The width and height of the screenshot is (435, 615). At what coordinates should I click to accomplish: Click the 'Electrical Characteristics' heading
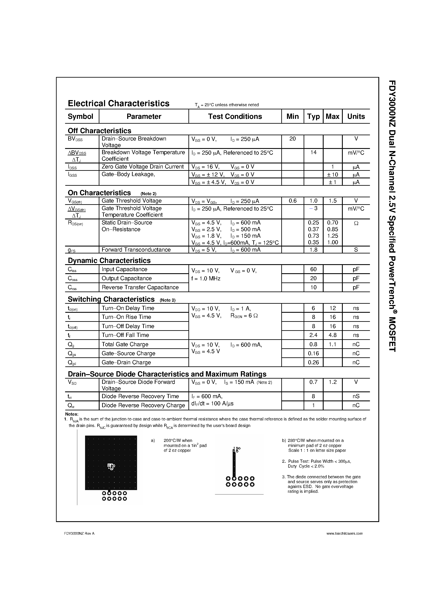tap(118, 103)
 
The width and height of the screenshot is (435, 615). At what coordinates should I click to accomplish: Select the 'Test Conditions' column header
tap(235, 117)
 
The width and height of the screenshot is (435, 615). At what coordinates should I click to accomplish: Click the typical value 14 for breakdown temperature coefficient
tap(313, 152)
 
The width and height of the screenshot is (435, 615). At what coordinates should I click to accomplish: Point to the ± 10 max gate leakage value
tap(332, 175)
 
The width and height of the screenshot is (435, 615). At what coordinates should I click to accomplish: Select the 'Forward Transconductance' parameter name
tap(136, 250)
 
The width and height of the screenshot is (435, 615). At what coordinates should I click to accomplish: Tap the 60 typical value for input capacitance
tap(313, 269)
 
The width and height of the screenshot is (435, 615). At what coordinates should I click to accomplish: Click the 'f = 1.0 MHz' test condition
tap(206, 278)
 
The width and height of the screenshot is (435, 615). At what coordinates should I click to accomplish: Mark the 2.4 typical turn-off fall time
tap(313, 335)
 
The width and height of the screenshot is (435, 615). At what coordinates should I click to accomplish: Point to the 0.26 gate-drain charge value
tap(313, 362)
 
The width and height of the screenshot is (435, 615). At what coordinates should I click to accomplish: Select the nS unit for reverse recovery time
tap(356, 396)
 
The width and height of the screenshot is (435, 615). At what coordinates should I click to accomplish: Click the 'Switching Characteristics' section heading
tap(111, 299)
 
